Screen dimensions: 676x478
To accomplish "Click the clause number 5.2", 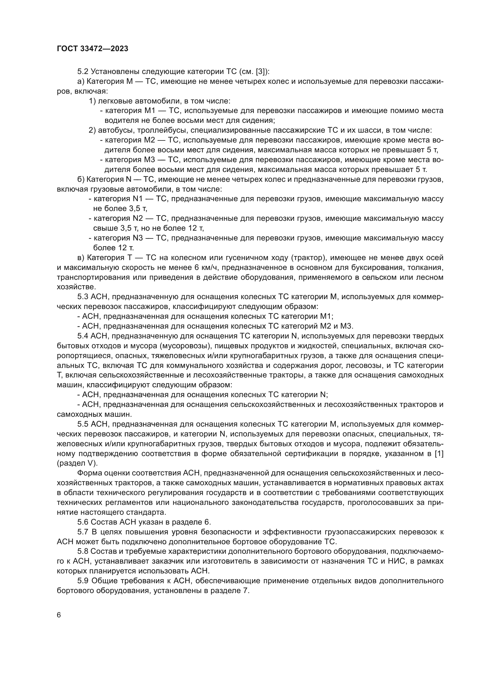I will (x=83, y=72).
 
